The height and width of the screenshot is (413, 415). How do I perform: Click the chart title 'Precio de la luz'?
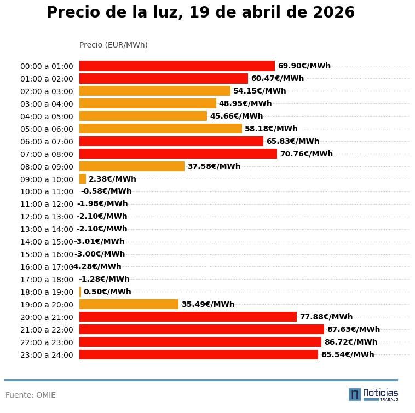pos(200,13)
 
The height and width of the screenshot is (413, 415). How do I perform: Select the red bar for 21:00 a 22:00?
pos(201,329)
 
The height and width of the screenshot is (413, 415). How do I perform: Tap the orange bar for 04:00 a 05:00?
pos(143,116)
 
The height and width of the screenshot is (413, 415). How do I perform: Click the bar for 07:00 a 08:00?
pos(178,154)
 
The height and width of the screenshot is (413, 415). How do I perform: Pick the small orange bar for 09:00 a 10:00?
pos(83,179)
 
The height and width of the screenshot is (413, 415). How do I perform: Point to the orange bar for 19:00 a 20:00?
pos(129,304)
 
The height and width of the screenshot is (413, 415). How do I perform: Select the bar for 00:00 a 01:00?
pos(177,66)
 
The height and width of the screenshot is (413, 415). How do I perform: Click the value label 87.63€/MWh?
pos(353,329)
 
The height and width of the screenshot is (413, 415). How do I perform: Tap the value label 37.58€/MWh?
pos(214,166)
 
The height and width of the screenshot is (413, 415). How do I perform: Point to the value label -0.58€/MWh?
pos(106,191)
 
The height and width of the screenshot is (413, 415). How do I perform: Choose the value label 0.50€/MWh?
pos(107,292)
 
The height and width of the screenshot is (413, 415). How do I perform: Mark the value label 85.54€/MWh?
pos(348,354)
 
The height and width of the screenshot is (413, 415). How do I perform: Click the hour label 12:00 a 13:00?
pos(47,217)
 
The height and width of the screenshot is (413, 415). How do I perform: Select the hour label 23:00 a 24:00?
pos(47,355)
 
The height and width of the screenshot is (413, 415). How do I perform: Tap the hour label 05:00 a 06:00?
pos(47,129)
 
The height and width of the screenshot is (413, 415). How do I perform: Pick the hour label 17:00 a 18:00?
pos(47,280)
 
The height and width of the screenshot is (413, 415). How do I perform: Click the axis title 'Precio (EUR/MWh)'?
pos(113,45)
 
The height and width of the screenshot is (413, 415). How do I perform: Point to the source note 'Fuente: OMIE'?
pos(31,395)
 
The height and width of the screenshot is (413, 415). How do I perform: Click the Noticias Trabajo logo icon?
pos(355,394)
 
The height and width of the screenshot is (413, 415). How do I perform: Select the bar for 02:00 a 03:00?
pos(154,91)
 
